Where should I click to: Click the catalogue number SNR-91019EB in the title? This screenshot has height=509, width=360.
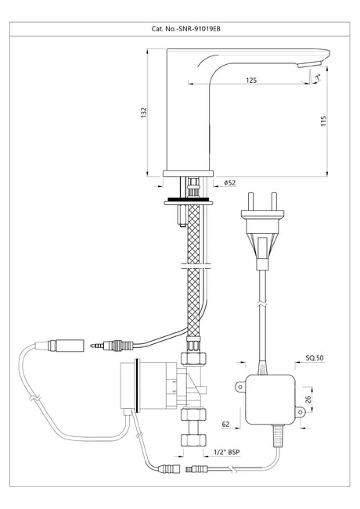point(200,29)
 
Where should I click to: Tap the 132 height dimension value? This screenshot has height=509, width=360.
point(144,113)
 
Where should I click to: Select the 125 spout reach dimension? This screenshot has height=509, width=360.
point(251,80)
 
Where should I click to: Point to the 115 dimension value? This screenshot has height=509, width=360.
point(323,121)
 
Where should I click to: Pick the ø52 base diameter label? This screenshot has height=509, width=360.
point(230,183)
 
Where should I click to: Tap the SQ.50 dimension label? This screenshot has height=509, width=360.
point(315,358)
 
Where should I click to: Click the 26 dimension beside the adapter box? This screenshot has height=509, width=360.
point(308,399)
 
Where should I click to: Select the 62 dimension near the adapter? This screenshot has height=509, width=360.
point(225,424)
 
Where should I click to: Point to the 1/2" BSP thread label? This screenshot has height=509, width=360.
point(227,452)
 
